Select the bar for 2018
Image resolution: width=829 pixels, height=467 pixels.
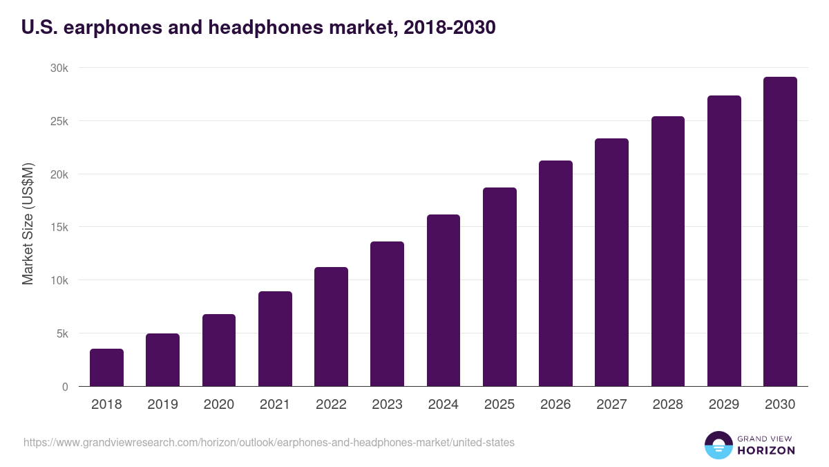(x=106, y=367)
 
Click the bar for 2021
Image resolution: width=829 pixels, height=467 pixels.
(x=275, y=339)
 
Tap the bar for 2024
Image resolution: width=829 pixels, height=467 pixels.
(x=444, y=300)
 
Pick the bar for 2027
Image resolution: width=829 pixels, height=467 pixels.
(x=611, y=262)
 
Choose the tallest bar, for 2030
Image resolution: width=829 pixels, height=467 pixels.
(x=780, y=232)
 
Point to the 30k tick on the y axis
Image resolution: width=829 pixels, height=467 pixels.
(x=59, y=68)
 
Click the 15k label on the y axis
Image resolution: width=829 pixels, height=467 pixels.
(x=59, y=227)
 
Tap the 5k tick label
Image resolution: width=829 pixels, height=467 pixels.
(x=61, y=333)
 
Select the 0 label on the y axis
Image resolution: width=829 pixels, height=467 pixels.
(x=65, y=387)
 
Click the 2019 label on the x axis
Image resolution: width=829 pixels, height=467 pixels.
(x=162, y=404)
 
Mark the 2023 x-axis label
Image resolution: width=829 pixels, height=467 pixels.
(x=387, y=404)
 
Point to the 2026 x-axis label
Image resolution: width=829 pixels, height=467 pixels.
(x=555, y=404)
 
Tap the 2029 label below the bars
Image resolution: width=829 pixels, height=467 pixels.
(x=724, y=404)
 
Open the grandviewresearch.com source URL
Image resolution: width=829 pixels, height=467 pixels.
(x=269, y=442)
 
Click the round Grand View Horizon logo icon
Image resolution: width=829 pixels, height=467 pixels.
(x=718, y=445)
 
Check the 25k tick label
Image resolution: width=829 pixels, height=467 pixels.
(x=59, y=121)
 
